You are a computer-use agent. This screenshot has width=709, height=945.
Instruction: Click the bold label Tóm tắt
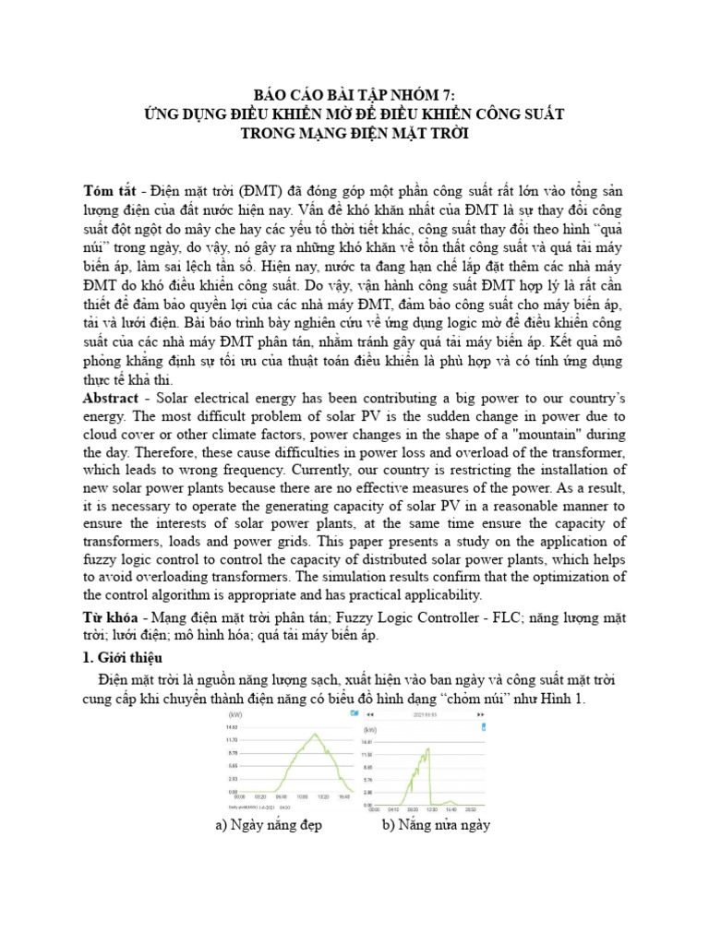tap(109, 190)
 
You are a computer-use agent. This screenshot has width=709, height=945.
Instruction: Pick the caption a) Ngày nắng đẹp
tap(269, 825)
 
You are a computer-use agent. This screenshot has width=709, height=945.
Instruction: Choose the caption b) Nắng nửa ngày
tap(437, 825)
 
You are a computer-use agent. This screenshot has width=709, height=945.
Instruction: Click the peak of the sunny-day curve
tap(291, 735)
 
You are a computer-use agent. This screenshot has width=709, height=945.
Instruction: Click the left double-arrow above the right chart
tap(369, 714)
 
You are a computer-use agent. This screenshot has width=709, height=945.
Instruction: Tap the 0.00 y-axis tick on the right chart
tap(367, 804)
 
